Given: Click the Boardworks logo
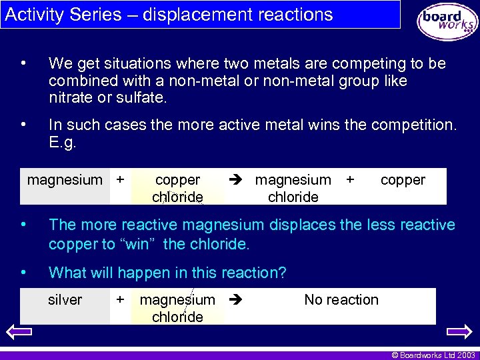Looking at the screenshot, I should point(447,22).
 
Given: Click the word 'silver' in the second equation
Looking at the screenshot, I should point(65,300).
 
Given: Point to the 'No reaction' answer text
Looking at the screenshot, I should point(341,300).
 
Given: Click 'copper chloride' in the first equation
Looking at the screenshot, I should point(177,188).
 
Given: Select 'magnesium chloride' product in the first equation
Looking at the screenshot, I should point(293,188).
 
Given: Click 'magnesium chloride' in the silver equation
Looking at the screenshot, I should point(177,308).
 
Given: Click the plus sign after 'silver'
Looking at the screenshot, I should point(120,299).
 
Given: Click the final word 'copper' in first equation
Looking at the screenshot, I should point(403,180).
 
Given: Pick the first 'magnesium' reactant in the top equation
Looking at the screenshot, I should point(65,180).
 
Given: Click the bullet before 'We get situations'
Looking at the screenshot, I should point(23,63).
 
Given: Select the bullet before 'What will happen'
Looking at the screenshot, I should point(23,272).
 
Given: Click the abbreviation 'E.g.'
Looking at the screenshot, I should point(63,142).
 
